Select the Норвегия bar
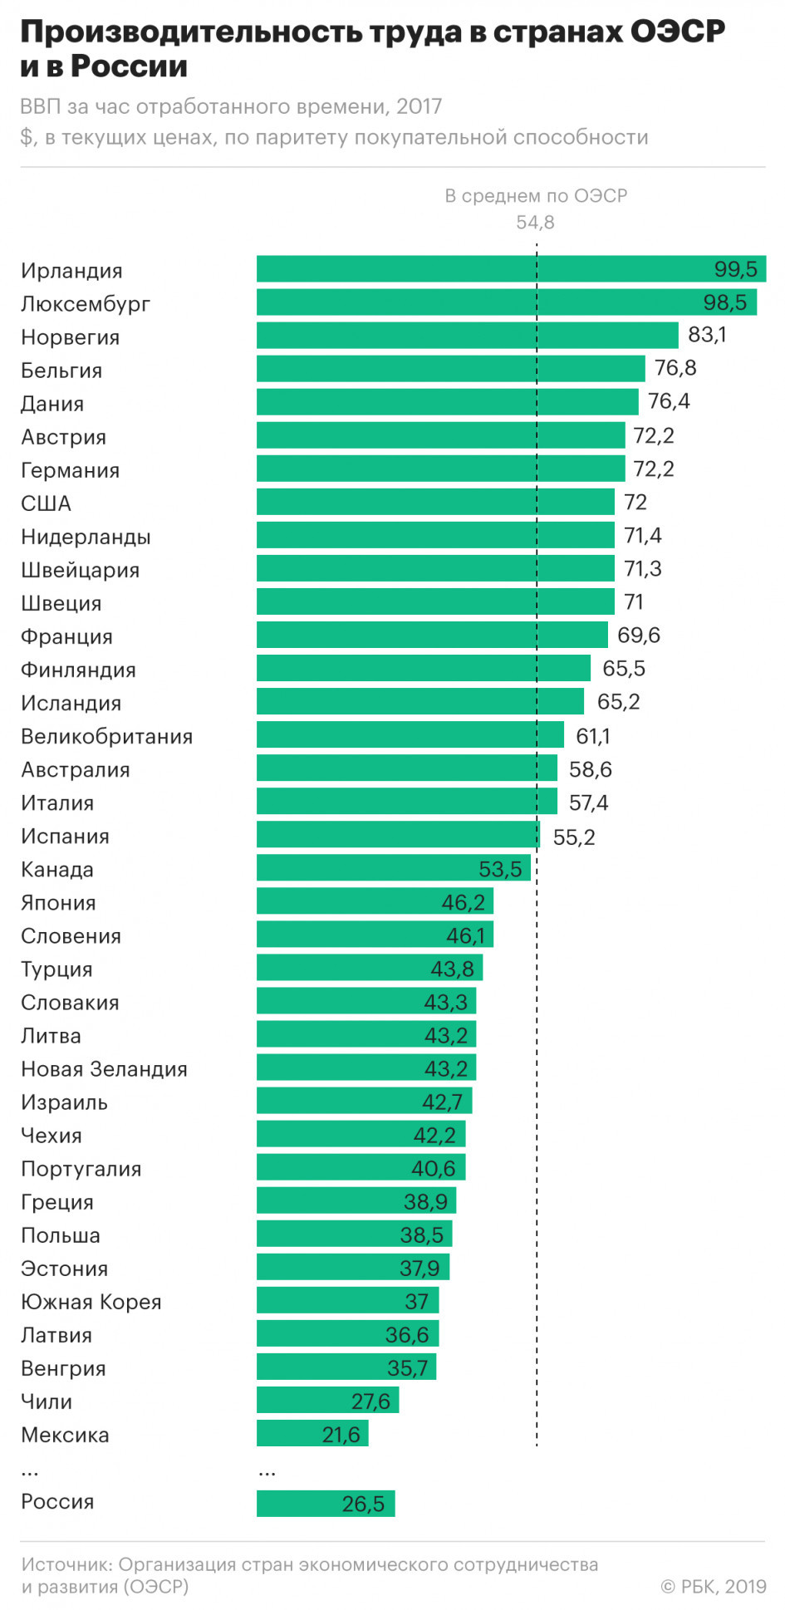tap(467, 336)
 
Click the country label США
tap(47, 503)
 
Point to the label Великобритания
tap(106, 736)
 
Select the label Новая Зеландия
tap(104, 1069)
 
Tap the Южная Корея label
tap(91, 1302)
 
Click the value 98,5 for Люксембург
tap(724, 302)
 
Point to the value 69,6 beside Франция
tap(638, 636)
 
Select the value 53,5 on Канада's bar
tap(500, 869)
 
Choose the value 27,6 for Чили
tap(370, 1401)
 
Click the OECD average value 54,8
tap(535, 223)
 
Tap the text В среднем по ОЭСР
tap(536, 196)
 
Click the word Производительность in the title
tap(191, 32)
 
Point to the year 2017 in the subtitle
tap(419, 106)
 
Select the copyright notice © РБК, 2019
tap(713, 1586)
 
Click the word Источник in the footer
tap(66, 1564)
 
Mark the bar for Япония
tap(375, 901)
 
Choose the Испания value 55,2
tap(574, 837)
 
